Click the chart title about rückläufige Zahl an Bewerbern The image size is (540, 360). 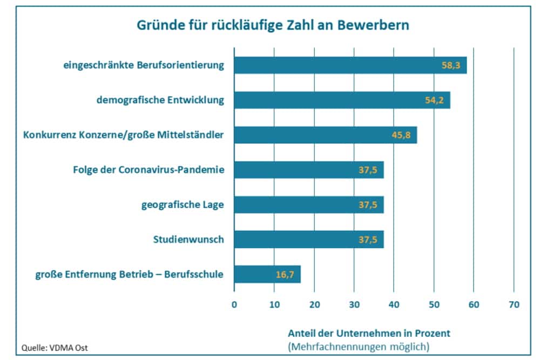coord(269,25)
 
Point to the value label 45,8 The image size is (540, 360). coord(401,135)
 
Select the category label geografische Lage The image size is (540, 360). coord(183,205)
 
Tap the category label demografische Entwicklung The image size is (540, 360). coord(160,100)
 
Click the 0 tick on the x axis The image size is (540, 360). coord(234,305)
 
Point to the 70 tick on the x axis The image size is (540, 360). coord(514,305)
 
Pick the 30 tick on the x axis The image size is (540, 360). coord(354,305)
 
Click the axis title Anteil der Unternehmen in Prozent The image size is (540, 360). coord(369,334)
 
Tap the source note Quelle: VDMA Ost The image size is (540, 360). coord(54,348)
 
